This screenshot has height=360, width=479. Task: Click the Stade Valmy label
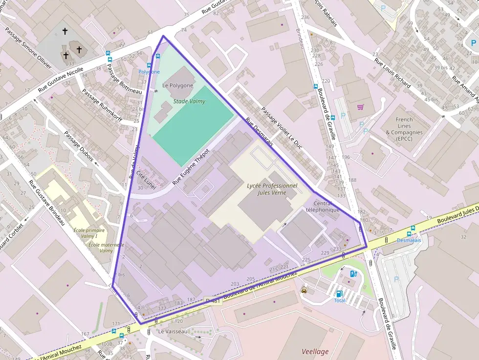point(189,102)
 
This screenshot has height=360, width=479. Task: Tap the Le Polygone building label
point(177,85)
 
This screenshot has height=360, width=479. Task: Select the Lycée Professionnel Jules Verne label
point(272,189)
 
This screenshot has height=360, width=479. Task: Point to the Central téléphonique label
point(322,207)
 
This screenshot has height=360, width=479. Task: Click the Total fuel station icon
point(339,294)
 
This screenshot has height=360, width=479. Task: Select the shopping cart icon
point(360,107)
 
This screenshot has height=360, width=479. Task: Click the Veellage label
point(315,351)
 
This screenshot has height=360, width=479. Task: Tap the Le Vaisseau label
point(173,331)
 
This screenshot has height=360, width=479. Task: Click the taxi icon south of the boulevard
point(304,290)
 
